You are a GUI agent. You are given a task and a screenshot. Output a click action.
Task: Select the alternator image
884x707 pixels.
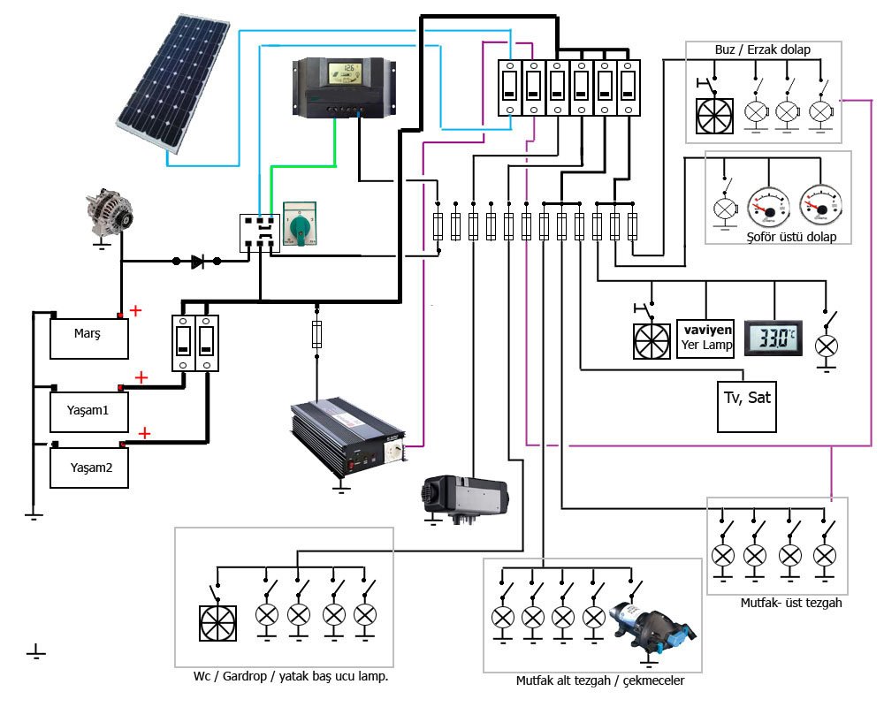tap(110, 214)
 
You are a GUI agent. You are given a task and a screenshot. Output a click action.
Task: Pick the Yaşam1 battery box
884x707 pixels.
tap(88, 411)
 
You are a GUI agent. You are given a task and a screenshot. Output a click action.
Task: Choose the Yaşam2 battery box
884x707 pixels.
tap(88, 468)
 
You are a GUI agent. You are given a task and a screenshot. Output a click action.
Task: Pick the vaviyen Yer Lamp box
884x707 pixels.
tap(705, 338)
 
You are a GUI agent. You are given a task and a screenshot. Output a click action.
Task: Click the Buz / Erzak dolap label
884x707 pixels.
tap(762, 50)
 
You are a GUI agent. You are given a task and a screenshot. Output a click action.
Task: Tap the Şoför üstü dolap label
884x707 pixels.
tap(778, 237)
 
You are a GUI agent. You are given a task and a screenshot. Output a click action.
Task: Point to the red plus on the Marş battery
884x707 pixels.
tap(135, 310)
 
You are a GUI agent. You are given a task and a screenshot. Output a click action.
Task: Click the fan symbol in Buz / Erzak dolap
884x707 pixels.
tap(715, 115)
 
